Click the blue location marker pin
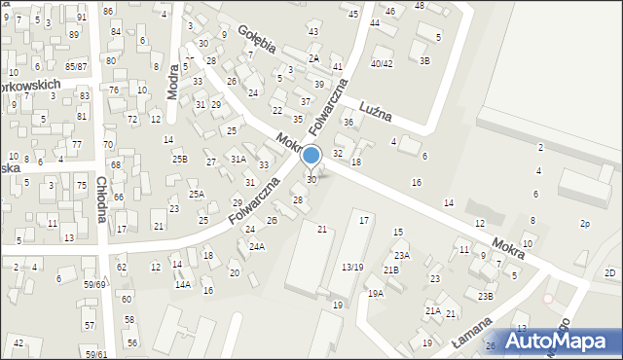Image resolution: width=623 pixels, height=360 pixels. [x=311, y=157]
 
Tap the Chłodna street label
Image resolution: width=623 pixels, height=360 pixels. [x=101, y=198]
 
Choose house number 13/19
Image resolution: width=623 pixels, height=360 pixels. [x=352, y=268]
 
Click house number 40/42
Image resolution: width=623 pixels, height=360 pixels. [x=382, y=64]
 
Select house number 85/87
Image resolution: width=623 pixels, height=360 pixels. [x=76, y=66]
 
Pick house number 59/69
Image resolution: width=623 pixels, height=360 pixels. [x=94, y=284]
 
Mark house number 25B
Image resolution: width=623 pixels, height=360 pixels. [x=180, y=159]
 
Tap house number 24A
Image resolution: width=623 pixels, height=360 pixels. [x=256, y=247]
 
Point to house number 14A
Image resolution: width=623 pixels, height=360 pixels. [x=182, y=285]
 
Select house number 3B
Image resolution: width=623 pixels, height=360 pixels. [x=424, y=60]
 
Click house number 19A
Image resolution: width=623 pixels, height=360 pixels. [x=375, y=293]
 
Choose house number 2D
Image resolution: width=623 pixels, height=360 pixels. [x=610, y=272]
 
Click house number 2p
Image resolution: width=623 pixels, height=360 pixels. [x=585, y=224]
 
